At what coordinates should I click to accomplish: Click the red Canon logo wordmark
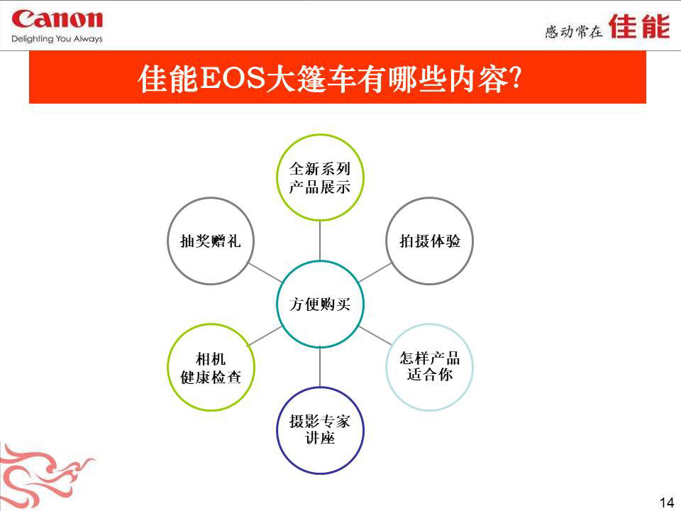(57, 20)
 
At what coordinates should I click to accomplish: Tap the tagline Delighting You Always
(57, 38)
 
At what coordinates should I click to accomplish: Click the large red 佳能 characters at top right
(639, 26)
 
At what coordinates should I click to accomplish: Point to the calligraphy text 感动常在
(574, 31)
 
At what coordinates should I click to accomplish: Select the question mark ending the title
(515, 78)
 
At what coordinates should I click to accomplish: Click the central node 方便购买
(320, 304)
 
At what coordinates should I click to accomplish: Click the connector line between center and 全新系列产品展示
(320, 241)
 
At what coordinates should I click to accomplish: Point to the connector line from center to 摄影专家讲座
(320, 367)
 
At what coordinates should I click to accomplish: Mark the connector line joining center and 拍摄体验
(375, 273)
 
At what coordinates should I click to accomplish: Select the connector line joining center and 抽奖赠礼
(265, 273)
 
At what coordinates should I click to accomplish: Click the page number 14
(667, 502)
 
